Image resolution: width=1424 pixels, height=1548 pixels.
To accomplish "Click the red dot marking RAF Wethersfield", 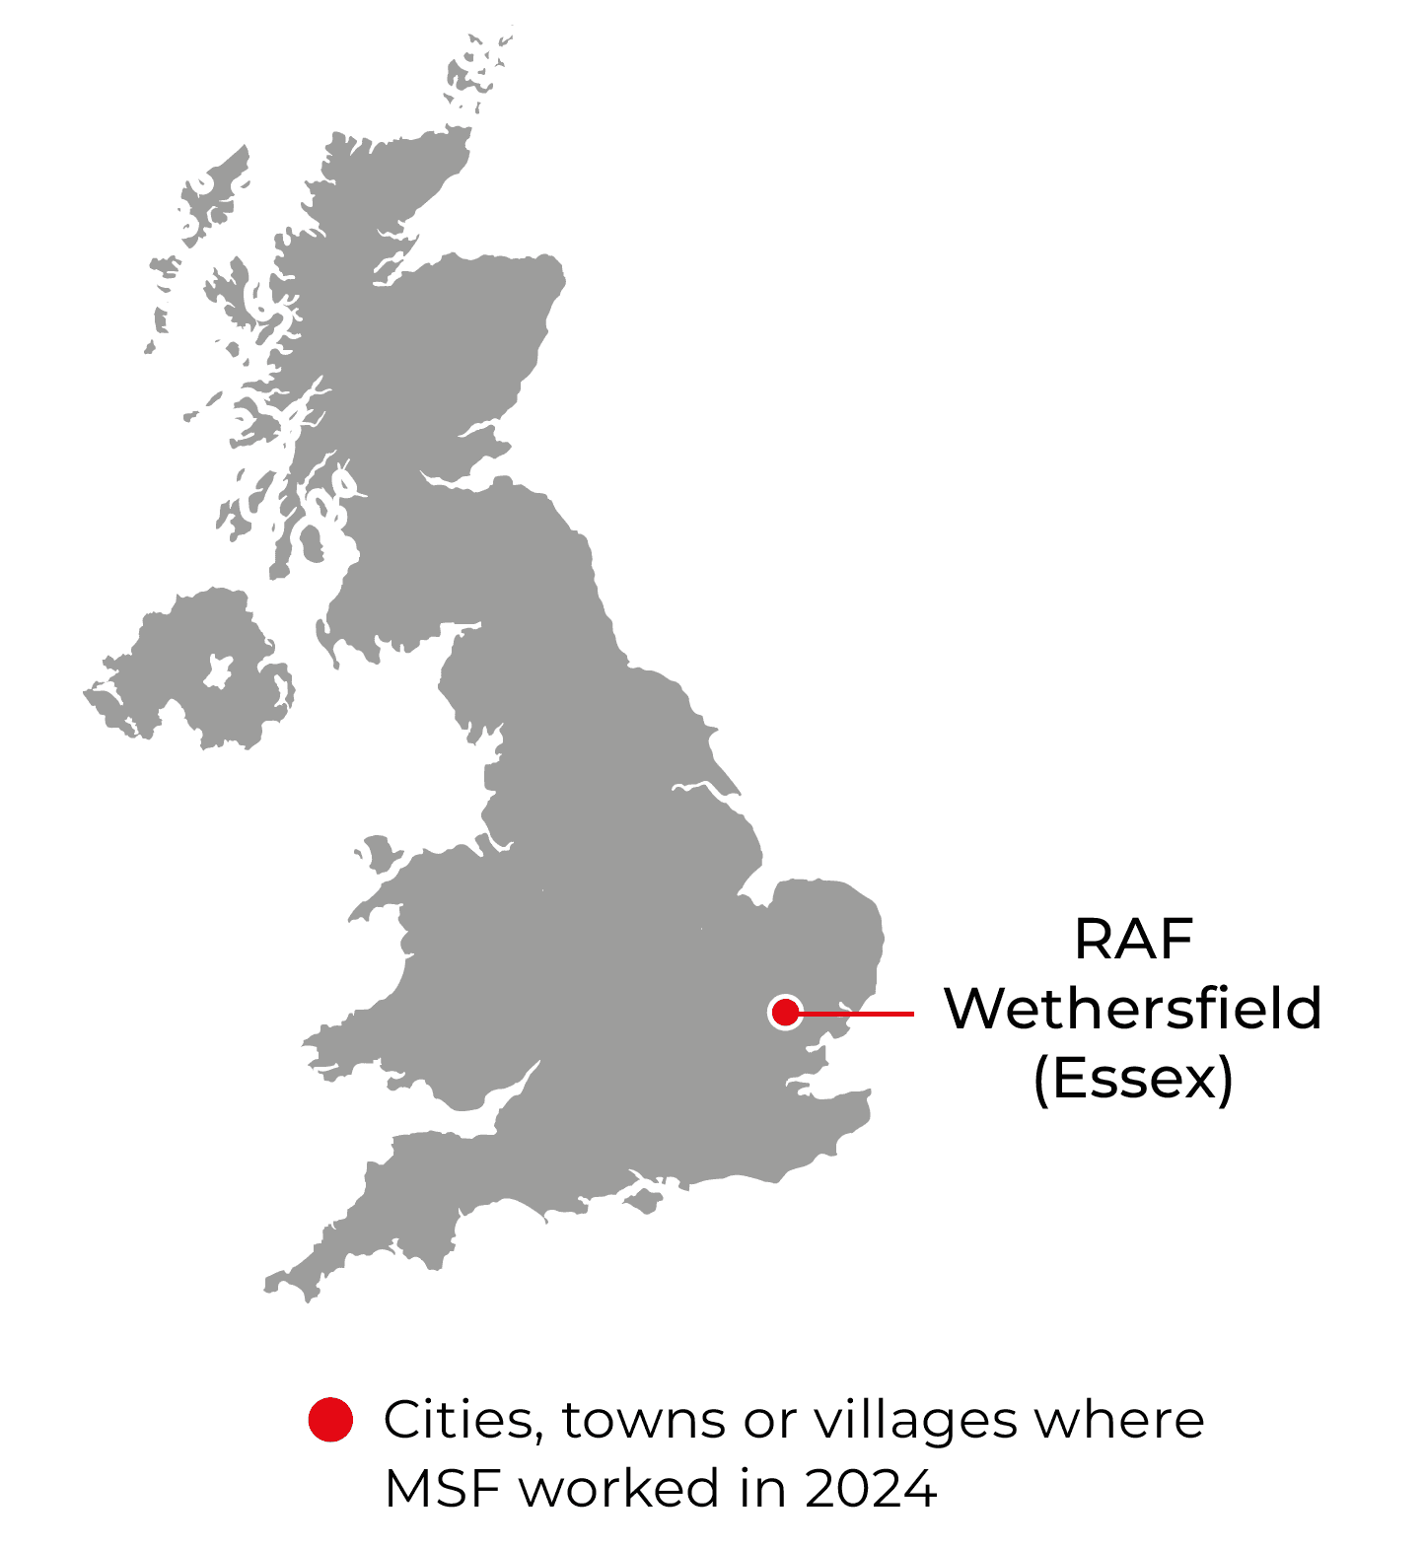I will click(x=785, y=1012).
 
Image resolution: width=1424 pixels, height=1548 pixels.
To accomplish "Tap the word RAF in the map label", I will click(x=1133, y=939).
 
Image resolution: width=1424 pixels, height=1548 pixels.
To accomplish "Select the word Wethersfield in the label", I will click(x=1133, y=1009).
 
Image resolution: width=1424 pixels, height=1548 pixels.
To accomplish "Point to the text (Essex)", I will click(x=1133, y=1079).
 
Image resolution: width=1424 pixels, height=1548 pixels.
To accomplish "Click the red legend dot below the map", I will click(x=330, y=1420).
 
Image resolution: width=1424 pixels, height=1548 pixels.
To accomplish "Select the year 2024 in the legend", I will click(x=871, y=1488).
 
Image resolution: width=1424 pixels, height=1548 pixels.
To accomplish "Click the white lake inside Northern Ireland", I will click(x=218, y=671).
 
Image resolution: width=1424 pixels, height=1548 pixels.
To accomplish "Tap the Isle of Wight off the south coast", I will click(x=646, y=1200).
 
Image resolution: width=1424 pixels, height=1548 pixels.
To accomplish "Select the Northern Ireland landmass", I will click(x=178, y=680).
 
